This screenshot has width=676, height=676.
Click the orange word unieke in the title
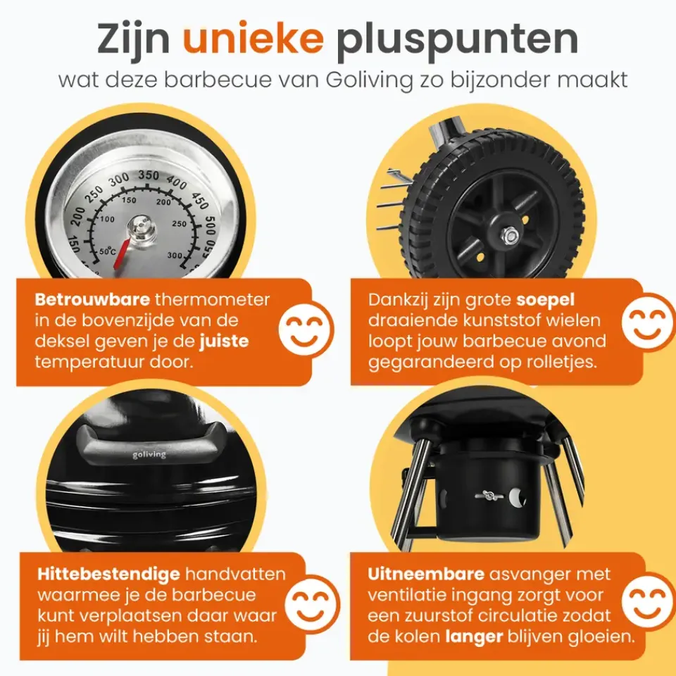coord(253,38)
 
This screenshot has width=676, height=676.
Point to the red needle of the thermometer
coord(122,254)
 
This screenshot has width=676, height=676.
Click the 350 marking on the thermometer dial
coord(149,175)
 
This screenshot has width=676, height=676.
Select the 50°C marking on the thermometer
coord(108,251)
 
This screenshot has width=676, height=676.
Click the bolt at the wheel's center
coord(511,234)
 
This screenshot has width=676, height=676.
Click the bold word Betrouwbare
coord(92,299)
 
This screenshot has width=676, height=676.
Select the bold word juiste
coord(224,342)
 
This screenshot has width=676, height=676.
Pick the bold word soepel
coord(545,301)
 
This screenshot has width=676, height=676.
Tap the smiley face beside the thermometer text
coord(306,330)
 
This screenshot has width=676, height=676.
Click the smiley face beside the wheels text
coord(648,322)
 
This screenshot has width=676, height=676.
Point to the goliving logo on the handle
coord(149,455)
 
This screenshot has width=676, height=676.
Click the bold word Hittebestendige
coord(108,575)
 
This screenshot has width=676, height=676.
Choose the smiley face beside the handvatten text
coord(312,604)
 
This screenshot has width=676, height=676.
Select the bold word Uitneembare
coord(426,575)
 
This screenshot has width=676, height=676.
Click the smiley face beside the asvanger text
coord(649,601)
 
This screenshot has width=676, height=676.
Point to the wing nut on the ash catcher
coord(489,496)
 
